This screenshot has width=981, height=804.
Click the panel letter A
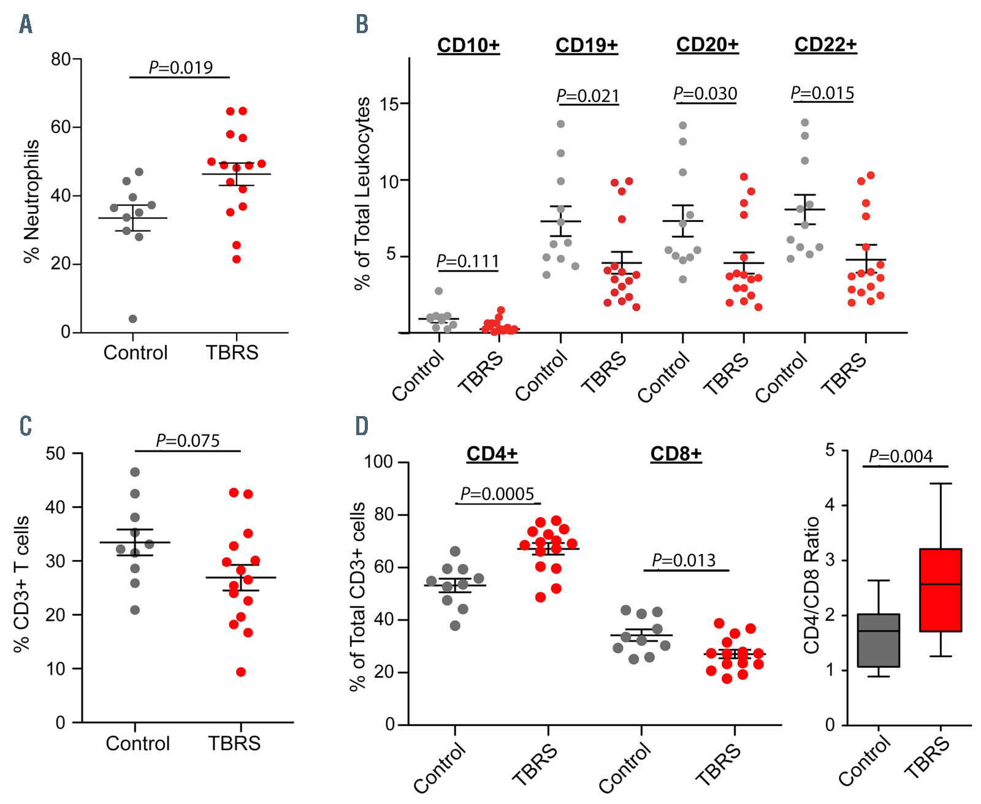pyautogui.click(x=25, y=25)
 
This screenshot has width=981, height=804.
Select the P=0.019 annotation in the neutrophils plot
pyautogui.click(x=181, y=67)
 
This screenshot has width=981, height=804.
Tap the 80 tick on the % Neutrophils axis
pyautogui.click(x=61, y=59)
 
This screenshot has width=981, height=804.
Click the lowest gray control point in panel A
pyautogui.click(x=132, y=319)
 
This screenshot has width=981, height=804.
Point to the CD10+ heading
pyautogui.click(x=468, y=45)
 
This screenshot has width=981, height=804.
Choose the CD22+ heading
pyautogui.click(x=825, y=45)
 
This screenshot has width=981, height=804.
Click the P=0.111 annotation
pyautogui.click(x=468, y=262)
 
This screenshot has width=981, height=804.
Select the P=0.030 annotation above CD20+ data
pyautogui.click(x=705, y=94)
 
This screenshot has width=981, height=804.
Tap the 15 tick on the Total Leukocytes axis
pyautogui.click(x=389, y=104)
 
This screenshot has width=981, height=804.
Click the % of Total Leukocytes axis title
pyautogui.click(x=363, y=193)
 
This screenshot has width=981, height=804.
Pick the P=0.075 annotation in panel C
pyautogui.click(x=188, y=441)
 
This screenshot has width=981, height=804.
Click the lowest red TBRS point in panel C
pyautogui.click(x=241, y=672)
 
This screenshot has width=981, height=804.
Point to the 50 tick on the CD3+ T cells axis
pyautogui.click(x=56, y=453)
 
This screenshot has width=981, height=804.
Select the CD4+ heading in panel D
pyautogui.click(x=492, y=454)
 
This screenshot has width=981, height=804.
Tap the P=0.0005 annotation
pyautogui.click(x=497, y=494)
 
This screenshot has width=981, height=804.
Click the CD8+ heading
pyautogui.click(x=676, y=454)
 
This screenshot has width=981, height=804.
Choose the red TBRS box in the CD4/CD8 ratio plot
pyautogui.click(x=941, y=590)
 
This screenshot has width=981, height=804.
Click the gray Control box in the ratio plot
pyautogui.click(x=879, y=640)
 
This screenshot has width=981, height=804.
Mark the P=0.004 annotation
pyautogui.click(x=901, y=457)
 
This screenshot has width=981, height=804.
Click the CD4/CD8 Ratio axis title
pyautogui.click(x=812, y=585)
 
